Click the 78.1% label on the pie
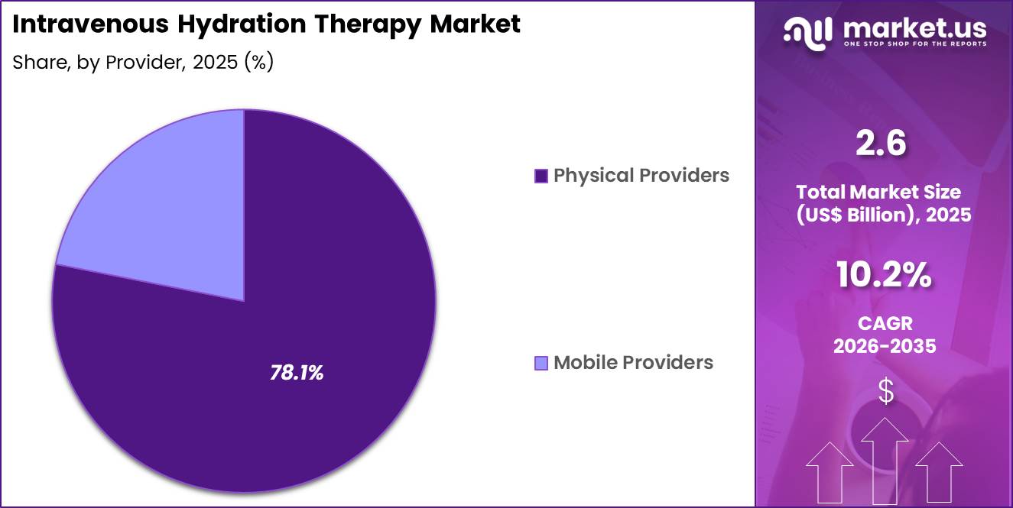(x=297, y=373)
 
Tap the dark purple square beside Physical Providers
(x=541, y=176)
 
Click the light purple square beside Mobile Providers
(x=541, y=363)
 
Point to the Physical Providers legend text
(x=641, y=176)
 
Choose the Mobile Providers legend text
(x=633, y=362)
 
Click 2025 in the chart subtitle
(x=216, y=63)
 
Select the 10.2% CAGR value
(x=884, y=276)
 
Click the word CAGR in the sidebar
(x=885, y=324)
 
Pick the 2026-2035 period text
(x=885, y=346)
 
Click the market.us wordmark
(x=914, y=29)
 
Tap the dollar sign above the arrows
(x=885, y=391)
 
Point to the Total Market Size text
(x=884, y=191)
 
